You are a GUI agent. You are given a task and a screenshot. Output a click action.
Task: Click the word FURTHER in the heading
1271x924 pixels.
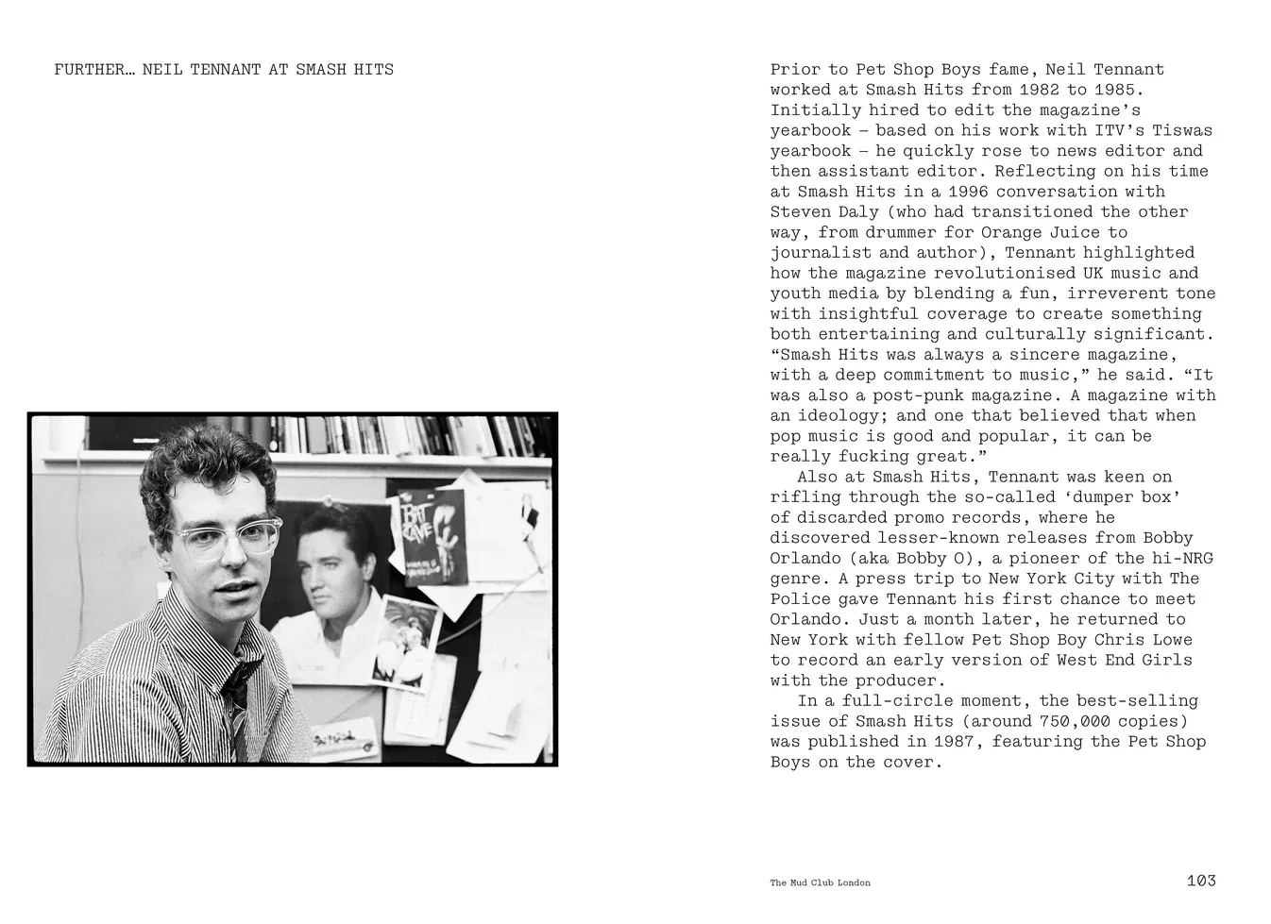pos(89,70)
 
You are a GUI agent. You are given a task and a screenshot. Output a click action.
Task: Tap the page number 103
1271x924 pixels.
pos(1200,881)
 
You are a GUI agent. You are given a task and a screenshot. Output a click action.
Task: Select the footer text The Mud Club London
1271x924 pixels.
pos(820,882)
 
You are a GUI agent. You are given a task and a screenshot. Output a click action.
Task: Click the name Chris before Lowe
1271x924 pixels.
pos(1119,640)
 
